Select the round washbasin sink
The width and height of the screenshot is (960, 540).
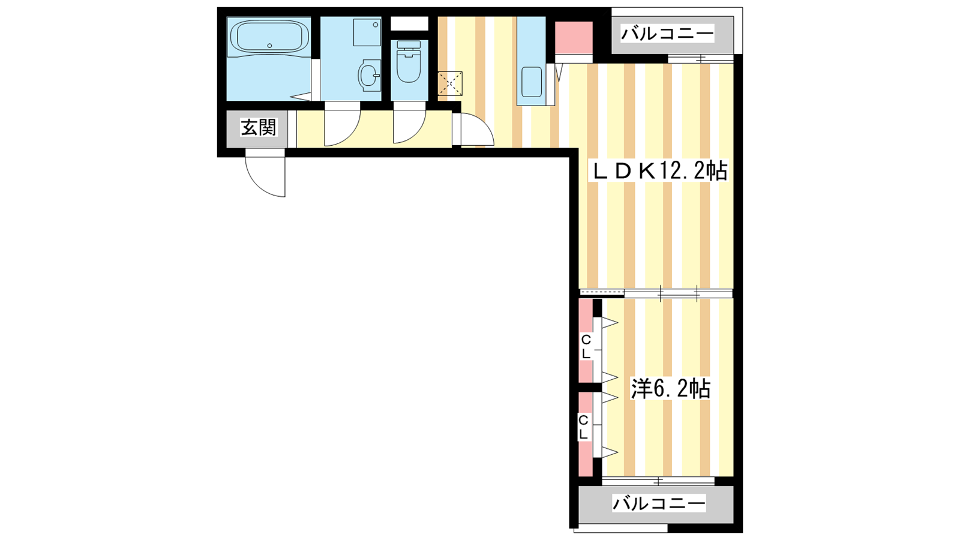point(369,76)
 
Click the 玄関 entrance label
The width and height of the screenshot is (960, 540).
point(259,127)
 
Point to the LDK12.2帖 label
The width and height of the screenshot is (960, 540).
point(659,172)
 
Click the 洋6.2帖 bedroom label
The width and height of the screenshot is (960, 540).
point(670,389)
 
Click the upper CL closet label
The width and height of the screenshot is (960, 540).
point(586,347)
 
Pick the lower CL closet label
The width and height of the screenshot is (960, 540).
point(583,427)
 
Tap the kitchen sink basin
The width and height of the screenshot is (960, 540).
point(532,82)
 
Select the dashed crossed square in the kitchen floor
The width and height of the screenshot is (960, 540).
point(450,83)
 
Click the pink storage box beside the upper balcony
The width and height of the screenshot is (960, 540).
point(574,37)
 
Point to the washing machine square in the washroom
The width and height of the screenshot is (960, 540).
point(367,32)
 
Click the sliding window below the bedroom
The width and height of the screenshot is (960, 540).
point(658,481)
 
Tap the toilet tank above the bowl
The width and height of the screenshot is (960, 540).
point(409,44)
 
